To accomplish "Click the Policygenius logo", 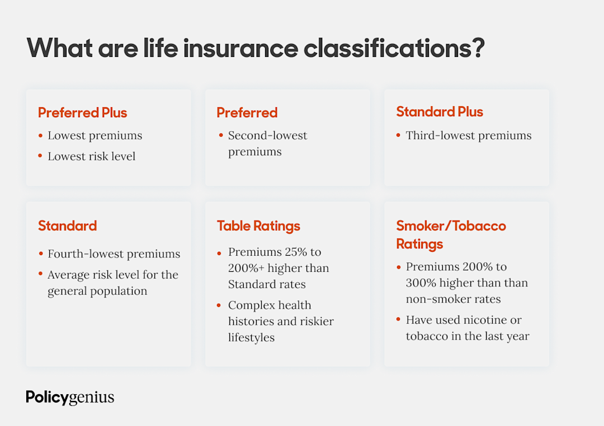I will click(70, 398).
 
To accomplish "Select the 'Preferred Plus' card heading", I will click(82, 112).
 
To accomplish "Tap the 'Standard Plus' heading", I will click(440, 112).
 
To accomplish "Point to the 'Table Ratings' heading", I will click(258, 226).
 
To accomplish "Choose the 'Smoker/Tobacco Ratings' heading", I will click(451, 234).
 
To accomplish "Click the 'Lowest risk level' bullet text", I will click(91, 156).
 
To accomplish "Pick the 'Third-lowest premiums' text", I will click(469, 135).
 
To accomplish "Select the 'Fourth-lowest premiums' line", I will click(114, 253).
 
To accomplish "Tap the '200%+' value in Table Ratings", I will click(247, 268).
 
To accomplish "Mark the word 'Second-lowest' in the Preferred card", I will click(267, 135).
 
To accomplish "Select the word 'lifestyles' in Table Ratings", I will click(251, 337).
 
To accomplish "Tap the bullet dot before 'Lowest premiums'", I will click(40, 135).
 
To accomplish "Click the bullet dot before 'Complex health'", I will click(219, 305).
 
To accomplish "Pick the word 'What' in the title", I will click(59, 48).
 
